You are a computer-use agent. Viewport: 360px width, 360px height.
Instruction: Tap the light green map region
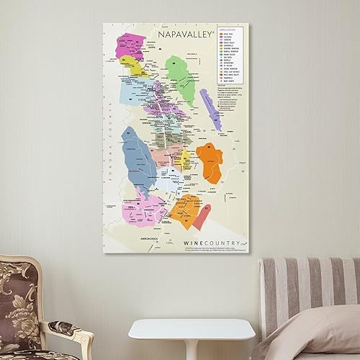pos(180,78)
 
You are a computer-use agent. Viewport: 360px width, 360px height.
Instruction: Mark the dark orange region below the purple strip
pos(210,162)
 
